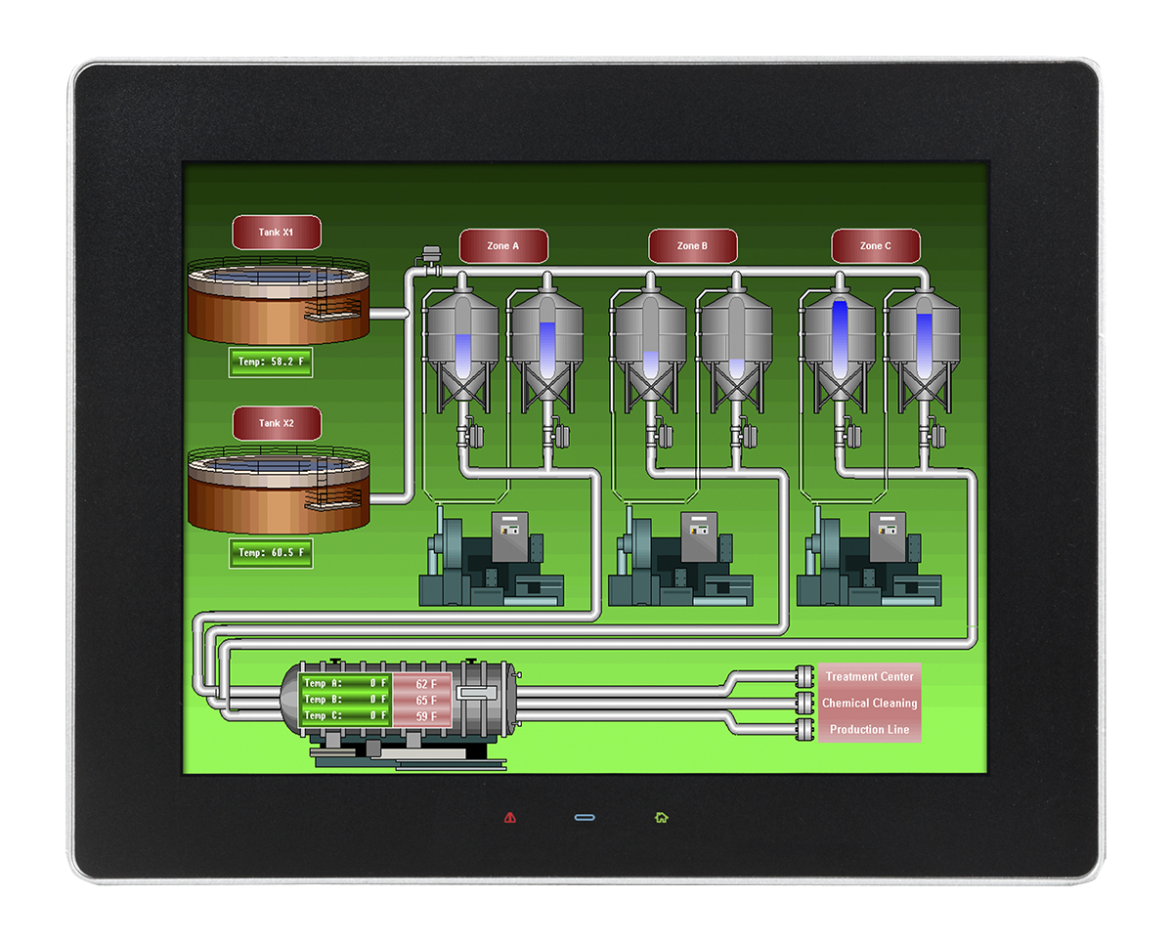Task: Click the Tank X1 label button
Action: pos(276,233)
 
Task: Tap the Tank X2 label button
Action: pos(276,423)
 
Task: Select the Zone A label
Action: pos(502,246)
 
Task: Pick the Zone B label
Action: pos(691,246)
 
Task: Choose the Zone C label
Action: pos(875,246)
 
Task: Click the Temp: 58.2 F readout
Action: pos(271,362)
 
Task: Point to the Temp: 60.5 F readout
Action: pos(271,553)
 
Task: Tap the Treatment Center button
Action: pos(869,676)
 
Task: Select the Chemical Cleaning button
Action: pos(869,703)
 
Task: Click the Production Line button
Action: pos(869,729)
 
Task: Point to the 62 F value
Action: pos(425,684)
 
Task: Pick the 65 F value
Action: pos(425,701)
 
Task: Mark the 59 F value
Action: pos(425,716)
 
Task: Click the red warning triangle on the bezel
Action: pos(509,817)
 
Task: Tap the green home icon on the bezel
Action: pos(661,817)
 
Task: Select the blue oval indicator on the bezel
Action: pos(585,817)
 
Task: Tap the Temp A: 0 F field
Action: pos(345,683)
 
